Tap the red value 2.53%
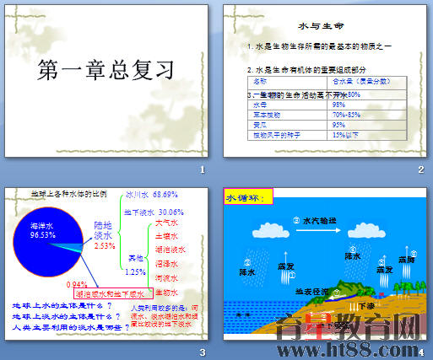(105, 245)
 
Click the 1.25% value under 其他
(135, 271)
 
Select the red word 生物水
(167, 292)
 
